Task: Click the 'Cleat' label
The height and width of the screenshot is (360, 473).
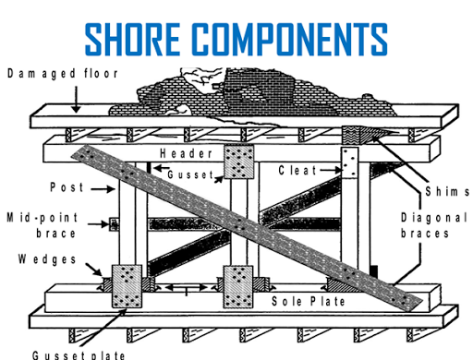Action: tap(297, 171)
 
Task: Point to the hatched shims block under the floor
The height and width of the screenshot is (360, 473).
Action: tap(356, 135)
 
